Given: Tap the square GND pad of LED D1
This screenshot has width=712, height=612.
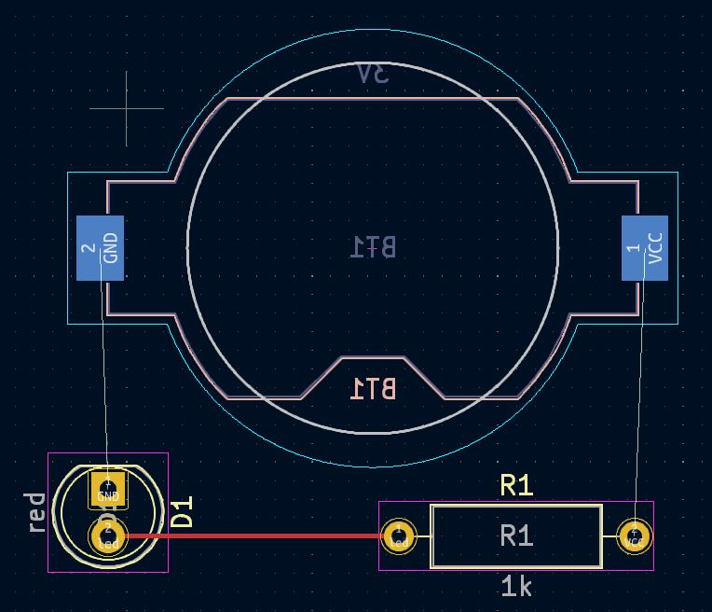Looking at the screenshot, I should [x=108, y=489].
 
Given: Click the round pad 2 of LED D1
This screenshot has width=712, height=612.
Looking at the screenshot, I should [x=107, y=536].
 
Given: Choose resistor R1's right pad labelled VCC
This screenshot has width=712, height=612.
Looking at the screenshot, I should [x=636, y=536].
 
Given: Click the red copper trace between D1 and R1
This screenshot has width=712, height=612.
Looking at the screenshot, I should [x=252, y=536].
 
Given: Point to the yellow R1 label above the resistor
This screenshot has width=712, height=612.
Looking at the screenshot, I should [x=516, y=485].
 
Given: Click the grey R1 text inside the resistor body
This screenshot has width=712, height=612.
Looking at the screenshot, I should [x=516, y=535].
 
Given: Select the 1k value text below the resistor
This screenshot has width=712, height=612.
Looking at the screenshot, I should [x=516, y=587].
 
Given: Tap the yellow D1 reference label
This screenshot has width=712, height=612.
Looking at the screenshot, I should [x=183, y=512].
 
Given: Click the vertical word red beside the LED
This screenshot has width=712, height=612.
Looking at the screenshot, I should [x=36, y=512].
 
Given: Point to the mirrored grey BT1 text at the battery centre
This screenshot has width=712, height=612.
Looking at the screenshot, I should [x=373, y=246].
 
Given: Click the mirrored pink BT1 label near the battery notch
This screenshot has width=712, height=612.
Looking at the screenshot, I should [x=373, y=388].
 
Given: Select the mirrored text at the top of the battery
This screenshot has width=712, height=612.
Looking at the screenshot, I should [x=373, y=75].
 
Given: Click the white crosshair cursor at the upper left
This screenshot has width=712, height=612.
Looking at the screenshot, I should [x=127, y=109].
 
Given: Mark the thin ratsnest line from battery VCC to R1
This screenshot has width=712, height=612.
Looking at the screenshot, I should [x=640, y=401].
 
